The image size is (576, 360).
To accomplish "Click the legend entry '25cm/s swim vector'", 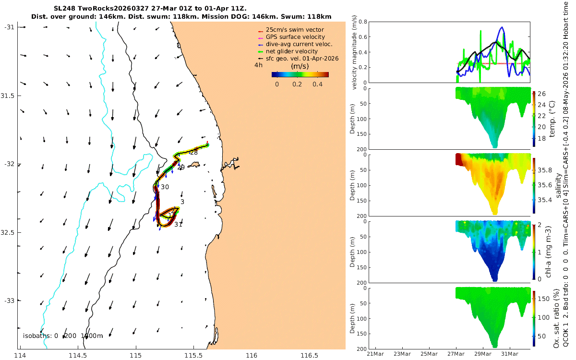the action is point(295,30).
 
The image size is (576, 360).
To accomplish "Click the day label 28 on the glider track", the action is point(194,153).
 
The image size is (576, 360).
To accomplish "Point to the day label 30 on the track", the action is point(165,187).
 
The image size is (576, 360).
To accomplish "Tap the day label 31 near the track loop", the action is point(178,225).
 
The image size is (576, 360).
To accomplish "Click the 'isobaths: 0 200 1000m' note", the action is point(63,336).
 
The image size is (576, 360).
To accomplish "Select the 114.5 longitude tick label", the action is point(78,356).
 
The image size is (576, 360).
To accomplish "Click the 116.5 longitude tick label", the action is point(309,356).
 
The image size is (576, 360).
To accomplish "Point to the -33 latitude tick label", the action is point(9,300).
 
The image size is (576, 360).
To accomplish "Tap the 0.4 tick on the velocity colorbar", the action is point(318,84).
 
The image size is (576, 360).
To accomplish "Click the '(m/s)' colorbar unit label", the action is point(300,66).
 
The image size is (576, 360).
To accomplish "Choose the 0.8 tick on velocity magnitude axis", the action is point(362,22).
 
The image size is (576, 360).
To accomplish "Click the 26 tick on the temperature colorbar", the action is point(541,94).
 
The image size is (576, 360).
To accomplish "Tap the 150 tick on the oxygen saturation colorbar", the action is point(543,299).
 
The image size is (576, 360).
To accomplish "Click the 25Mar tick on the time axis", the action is point(429,354).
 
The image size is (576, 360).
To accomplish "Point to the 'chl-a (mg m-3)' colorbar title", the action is point(548,252).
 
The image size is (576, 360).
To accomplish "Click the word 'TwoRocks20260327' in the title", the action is point(113,9).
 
